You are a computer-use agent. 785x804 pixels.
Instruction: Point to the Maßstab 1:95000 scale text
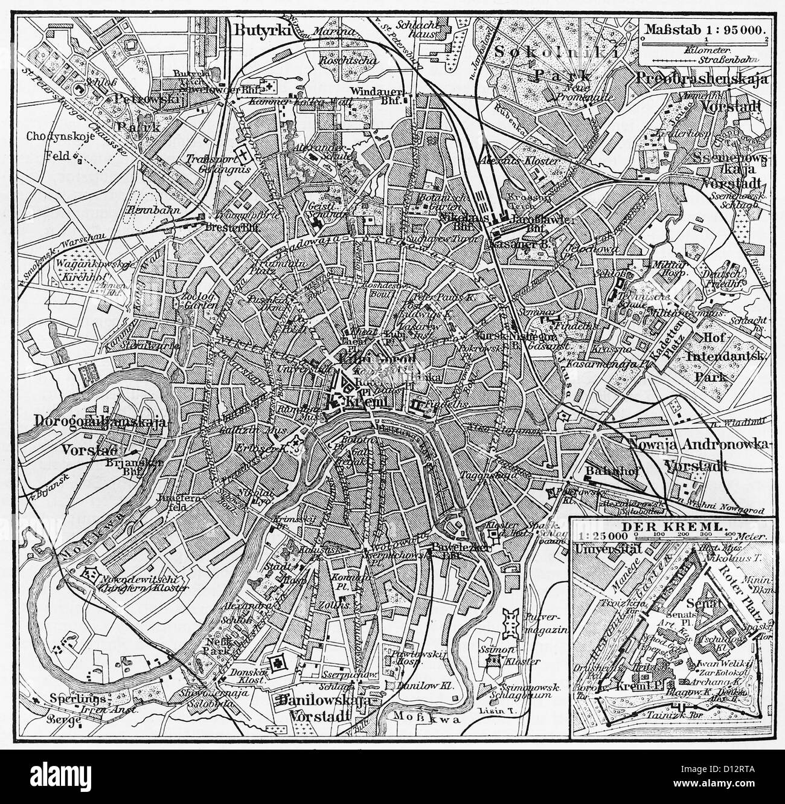point(703,28)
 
